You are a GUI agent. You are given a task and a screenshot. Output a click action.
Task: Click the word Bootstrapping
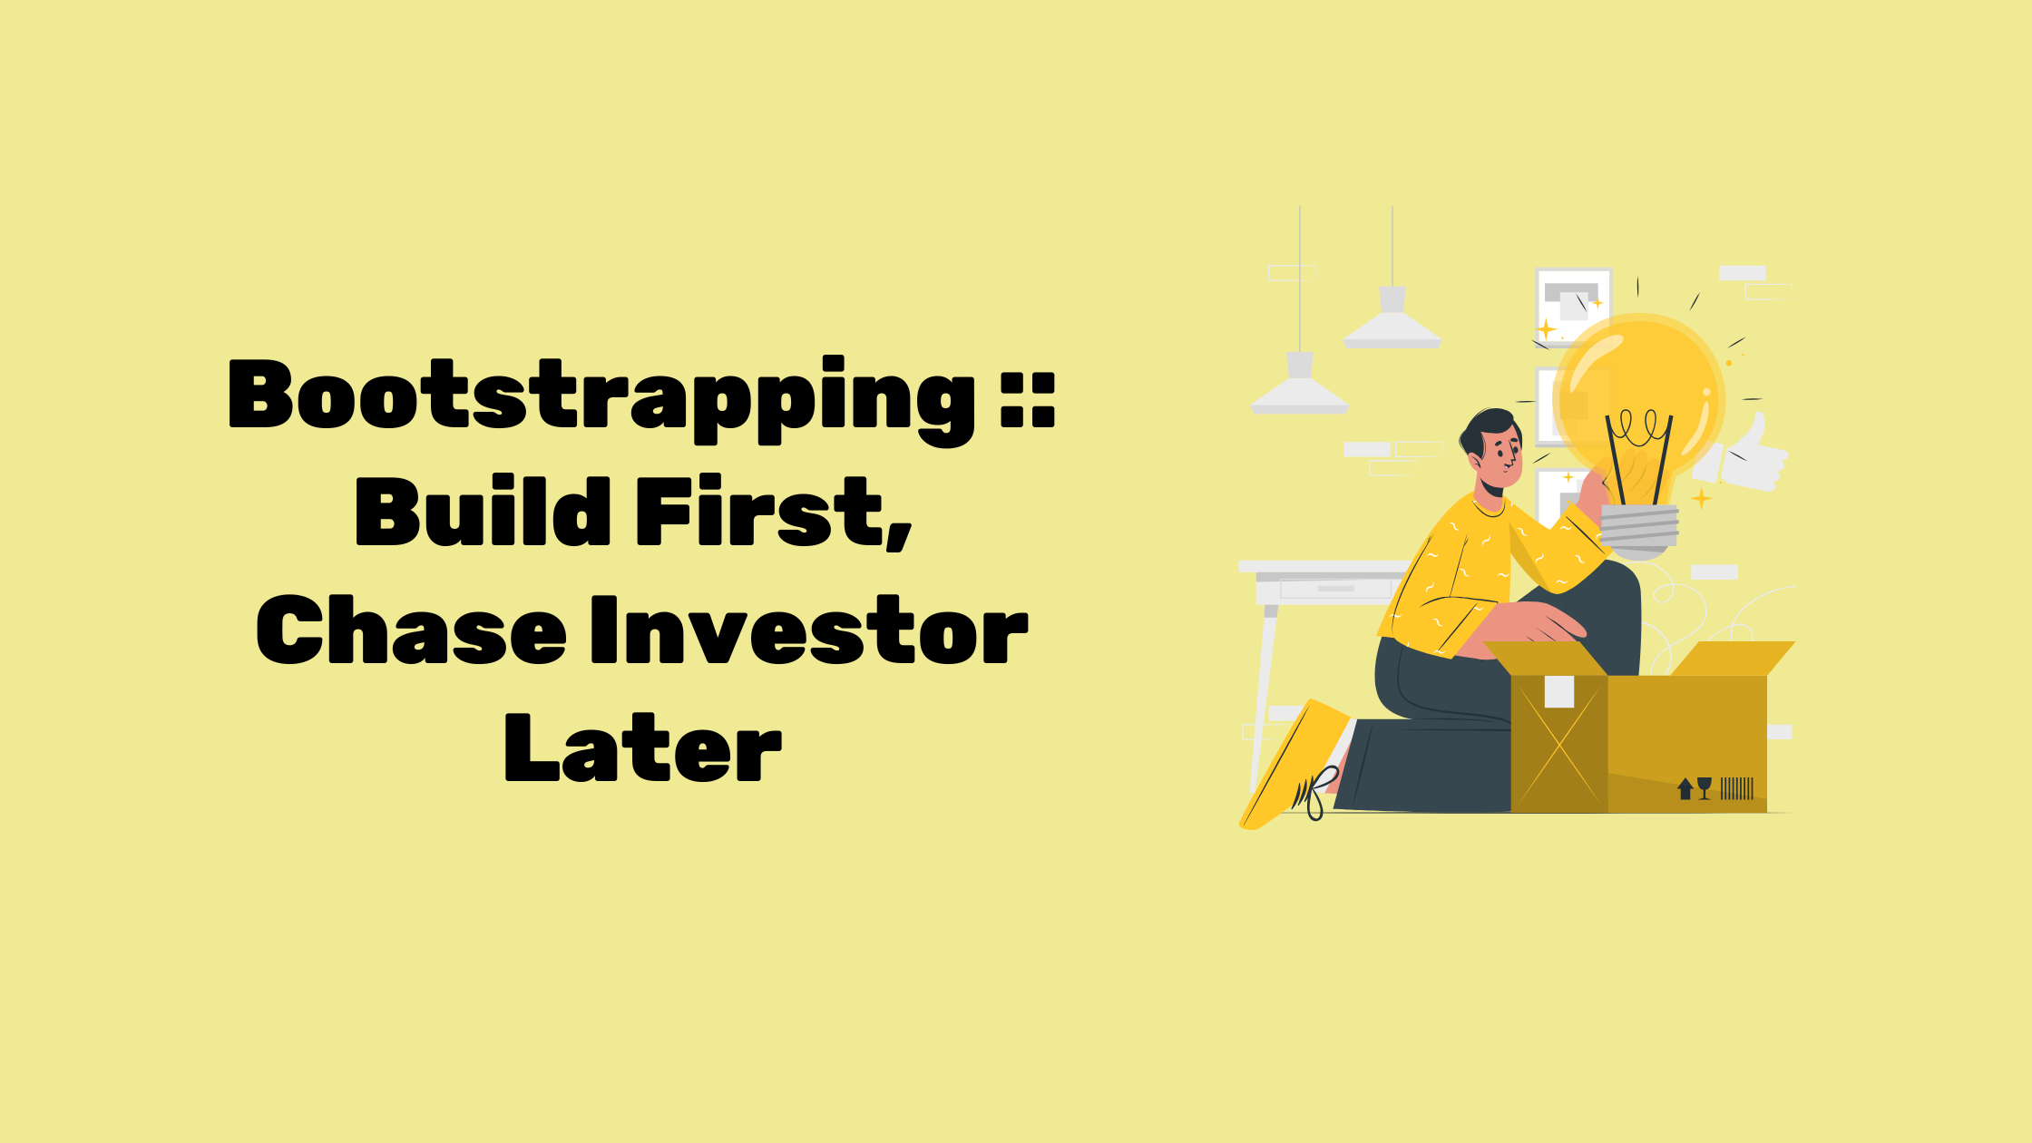pos(601,400)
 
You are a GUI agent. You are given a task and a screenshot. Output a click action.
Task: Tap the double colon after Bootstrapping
pos(1029,398)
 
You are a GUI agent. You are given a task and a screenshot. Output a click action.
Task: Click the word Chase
pos(412,630)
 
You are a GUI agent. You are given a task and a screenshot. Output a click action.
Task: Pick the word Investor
pos(809,630)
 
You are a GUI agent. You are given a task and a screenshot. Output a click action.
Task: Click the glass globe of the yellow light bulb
pos(1638,396)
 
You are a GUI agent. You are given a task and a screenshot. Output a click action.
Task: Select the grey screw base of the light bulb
pos(1639,530)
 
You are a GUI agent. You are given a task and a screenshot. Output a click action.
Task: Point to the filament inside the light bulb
pos(1638,454)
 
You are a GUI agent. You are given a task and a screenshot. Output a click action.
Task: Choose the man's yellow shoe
pos(1293,767)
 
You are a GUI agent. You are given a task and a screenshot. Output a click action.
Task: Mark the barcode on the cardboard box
pos(1737,788)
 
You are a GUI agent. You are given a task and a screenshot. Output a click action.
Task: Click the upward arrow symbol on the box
pos(1685,788)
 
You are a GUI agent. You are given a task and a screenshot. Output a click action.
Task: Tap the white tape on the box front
pos(1559,692)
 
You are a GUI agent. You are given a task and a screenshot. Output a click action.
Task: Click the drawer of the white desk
pos(1334,589)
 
